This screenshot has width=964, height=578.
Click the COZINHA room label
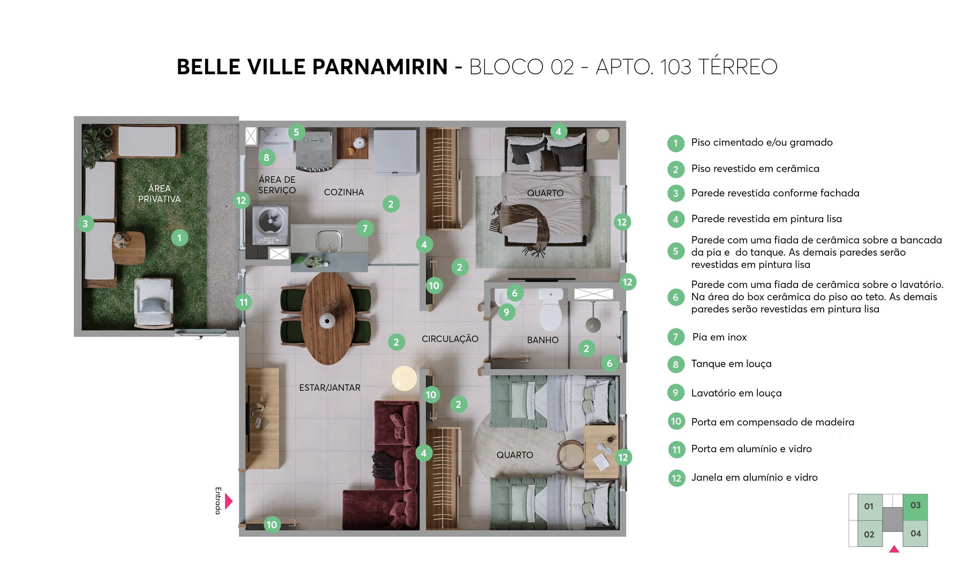(x=344, y=192)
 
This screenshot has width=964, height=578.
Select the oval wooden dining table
(x=328, y=318)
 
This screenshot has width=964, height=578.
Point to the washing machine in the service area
(x=271, y=222)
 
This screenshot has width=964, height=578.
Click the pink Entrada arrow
(x=229, y=501)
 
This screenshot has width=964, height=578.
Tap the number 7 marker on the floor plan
(x=365, y=229)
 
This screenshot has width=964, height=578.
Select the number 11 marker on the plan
(x=244, y=302)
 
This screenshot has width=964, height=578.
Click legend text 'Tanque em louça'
(x=731, y=364)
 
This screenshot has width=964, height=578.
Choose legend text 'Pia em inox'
(x=719, y=337)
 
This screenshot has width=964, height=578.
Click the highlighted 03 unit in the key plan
(x=915, y=506)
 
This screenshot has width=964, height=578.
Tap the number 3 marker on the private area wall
(x=85, y=224)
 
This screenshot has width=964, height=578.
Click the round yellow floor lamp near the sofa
(x=404, y=378)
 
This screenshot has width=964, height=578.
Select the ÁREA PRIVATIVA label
(x=159, y=194)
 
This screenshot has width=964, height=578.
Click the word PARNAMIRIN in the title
(x=380, y=67)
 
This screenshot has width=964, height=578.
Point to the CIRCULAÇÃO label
(x=450, y=339)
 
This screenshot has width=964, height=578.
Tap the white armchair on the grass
(x=154, y=303)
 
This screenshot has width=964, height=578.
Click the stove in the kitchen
(x=316, y=150)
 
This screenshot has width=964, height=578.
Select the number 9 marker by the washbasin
(x=506, y=312)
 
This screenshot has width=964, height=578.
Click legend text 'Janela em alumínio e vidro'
(x=754, y=477)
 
